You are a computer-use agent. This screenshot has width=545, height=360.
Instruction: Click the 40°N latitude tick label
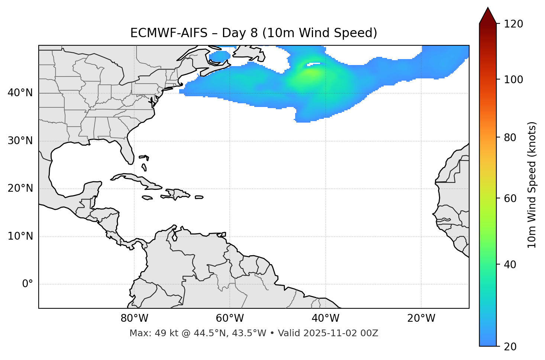pyautogui.click(x=20, y=93)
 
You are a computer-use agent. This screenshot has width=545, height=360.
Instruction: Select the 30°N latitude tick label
pyautogui.click(x=20, y=141)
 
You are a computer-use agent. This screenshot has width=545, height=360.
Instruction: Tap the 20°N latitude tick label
pyautogui.click(x=20, y=188)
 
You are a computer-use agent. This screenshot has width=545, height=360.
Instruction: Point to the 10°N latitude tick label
pyautogui.click(x=20, y=236)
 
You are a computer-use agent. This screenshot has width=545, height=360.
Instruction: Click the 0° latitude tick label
pyautogui.click(x=27, y=284)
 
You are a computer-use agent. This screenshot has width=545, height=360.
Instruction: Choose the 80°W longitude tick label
pyautogui.click(x=134, y=318)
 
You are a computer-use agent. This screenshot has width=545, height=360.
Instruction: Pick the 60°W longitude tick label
pyautogui.click(x=230, y=318)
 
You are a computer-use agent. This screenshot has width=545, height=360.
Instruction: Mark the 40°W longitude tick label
pyautogui.click(x=325, y=318)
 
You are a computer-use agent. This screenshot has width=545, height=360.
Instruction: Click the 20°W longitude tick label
pyautogui.click(x=421, y=318)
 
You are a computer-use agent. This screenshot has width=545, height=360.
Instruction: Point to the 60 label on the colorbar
pyautogui.click(x=509, y=198)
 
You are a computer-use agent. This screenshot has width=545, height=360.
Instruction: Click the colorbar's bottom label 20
pyautogui.click(x=509, y=347)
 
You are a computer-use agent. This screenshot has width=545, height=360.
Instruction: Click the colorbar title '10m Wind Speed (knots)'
pyautogui.click(x=532, y=185)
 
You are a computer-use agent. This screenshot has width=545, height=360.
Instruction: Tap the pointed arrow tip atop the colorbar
pyautogui.click(x=487, y=8)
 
